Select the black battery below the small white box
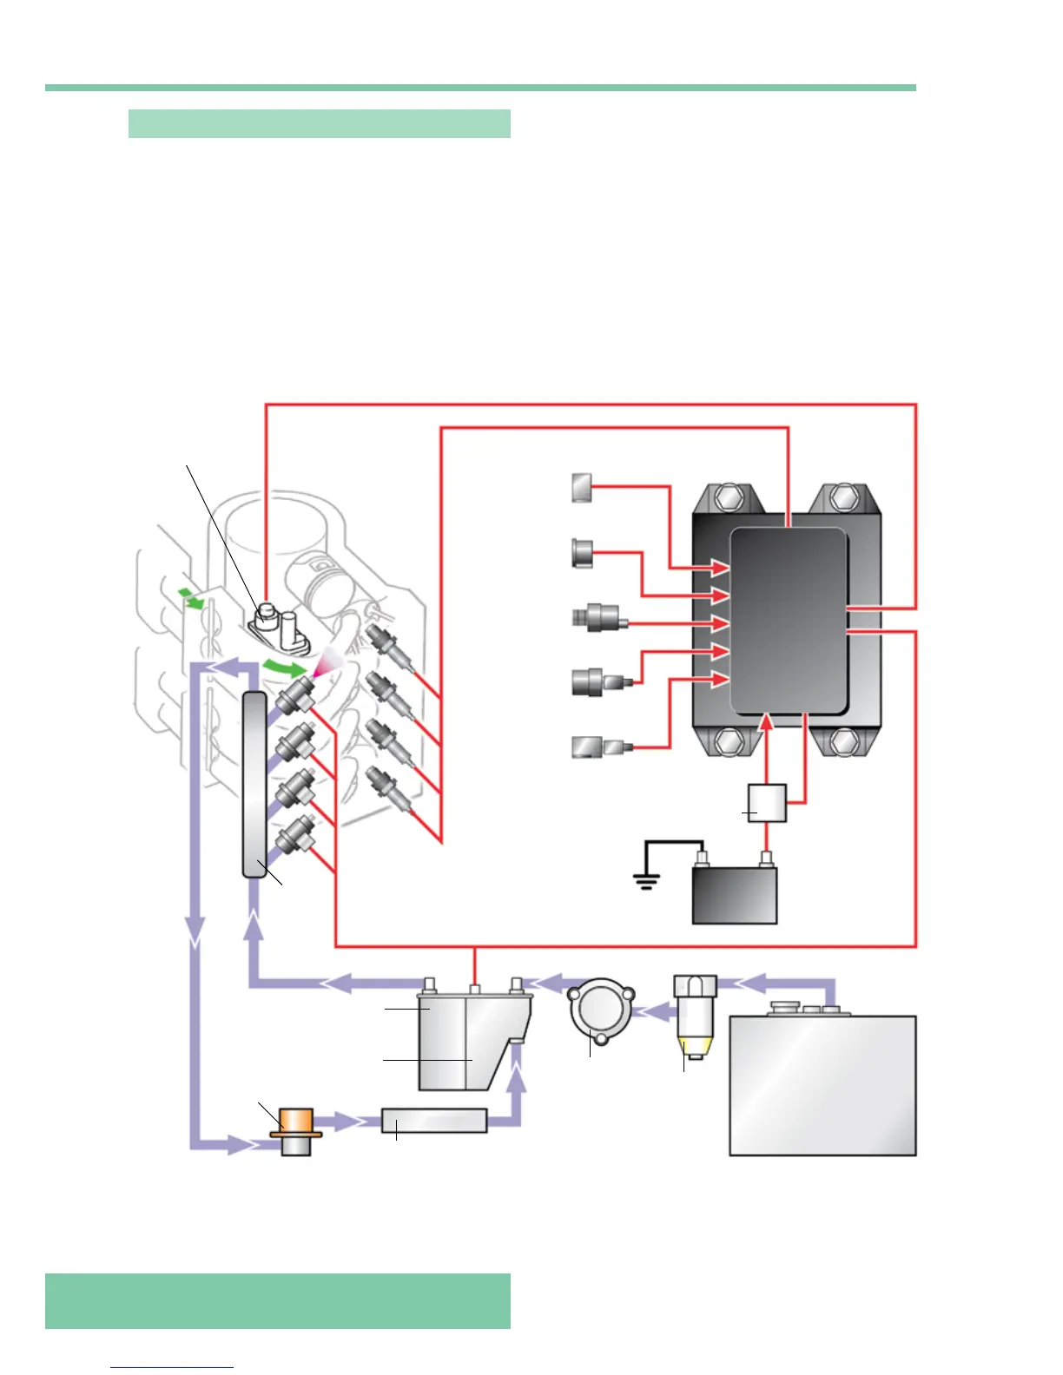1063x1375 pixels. (734, 896)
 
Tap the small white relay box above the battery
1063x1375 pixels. (767, 803)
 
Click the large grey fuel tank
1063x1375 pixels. (822, 1085)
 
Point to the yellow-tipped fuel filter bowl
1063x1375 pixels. (695, 1047)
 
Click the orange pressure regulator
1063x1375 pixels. (296, 1123)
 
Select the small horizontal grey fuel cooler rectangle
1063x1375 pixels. (433, 1121)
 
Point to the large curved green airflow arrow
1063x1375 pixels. (285, 668)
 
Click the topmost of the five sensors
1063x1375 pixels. (582, 487)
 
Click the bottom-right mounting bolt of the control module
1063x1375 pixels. (842, 742)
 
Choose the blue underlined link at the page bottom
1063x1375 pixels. (172, 1367)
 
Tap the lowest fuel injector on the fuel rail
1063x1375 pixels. (294, 835)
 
